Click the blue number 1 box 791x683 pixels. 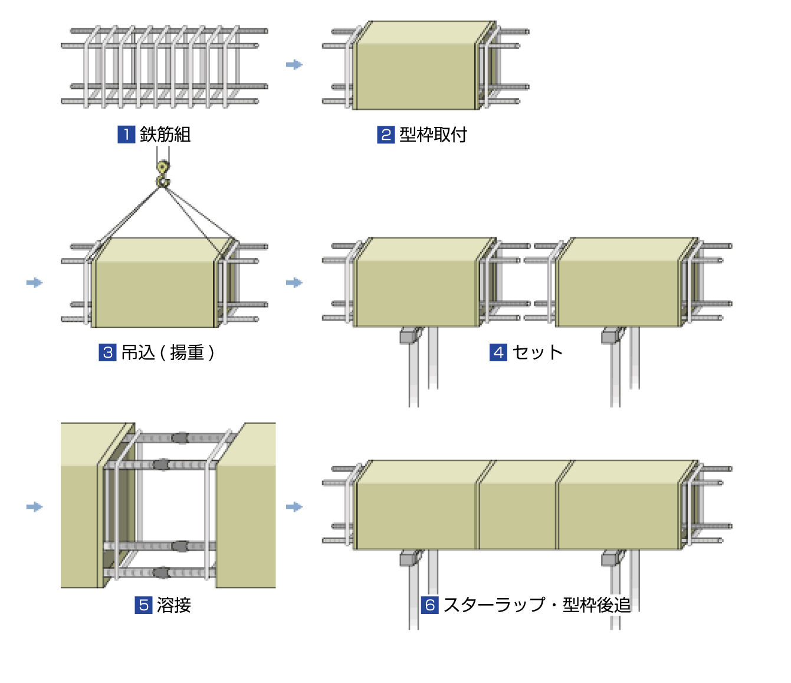[x=126, y=135]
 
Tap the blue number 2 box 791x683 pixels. [x=386, y=135]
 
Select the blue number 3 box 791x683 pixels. [x=107, y=352]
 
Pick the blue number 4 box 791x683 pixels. [x=498, y=352]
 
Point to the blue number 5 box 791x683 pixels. [x=143, y=605]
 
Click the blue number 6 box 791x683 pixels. [x=430, y=605]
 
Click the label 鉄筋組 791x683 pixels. [x=165, y=135]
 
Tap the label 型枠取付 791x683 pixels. [x=433, y=135]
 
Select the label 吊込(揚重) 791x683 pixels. [x=168, y=352]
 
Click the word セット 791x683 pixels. [x=537, y=352]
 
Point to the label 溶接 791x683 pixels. [x=174, y=605]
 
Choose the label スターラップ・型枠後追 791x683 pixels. [x=537, y=605]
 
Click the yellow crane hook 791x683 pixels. [x=162, y=175]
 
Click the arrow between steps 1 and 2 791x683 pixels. [x=294, y=64]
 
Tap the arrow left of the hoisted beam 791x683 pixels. [x=35, y=283]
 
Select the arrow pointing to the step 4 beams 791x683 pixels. [x=294, y=283]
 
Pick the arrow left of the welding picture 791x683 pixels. [x=35, y=506]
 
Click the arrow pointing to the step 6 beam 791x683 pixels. [x=294, y=506]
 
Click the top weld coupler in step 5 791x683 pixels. [x=180, y=438]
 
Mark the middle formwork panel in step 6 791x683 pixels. [x=517, y=514]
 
